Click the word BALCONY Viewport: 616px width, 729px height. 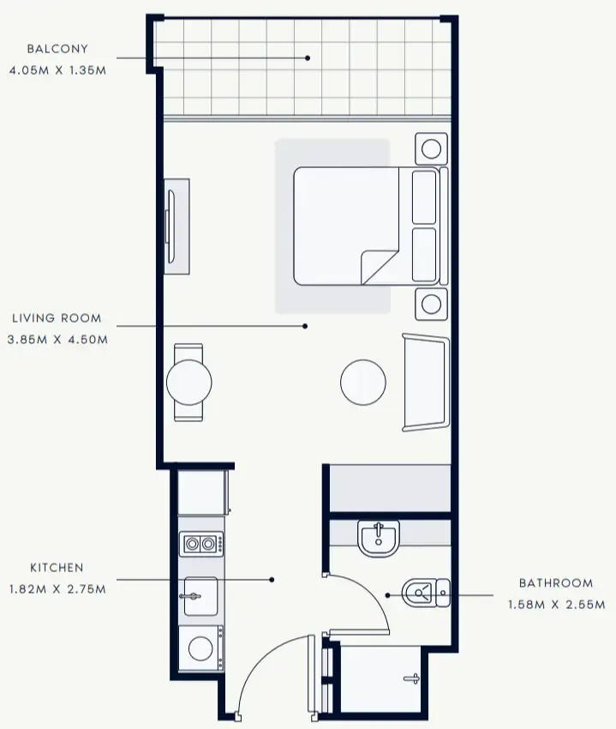pos(57,49)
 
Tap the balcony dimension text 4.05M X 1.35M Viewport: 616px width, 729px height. pos(57,70)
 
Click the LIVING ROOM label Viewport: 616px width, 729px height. pos(57,318)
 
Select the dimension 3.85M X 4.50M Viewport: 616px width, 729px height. pos(57,340)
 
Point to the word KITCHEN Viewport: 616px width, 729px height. pos(57,568)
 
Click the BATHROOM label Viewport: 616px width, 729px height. pos(556,583)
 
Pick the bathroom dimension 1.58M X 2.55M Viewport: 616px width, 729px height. pos(557,605)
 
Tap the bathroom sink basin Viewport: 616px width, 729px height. pos(378,539)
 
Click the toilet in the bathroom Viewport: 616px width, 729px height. pos(426,593)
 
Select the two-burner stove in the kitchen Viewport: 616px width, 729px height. pos(201,543)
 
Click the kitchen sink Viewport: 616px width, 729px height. pos(200,596)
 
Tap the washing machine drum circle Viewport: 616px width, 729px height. pos(200,648)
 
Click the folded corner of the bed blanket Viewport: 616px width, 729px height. pos(380,267)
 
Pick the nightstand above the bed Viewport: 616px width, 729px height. pos(431,148)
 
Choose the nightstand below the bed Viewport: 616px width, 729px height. pos(431,304)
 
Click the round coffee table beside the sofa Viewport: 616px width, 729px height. pos(362,383)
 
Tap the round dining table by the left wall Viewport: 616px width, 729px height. pos(189,383)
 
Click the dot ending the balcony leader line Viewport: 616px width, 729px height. pos(308,58)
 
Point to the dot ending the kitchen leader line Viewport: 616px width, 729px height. pos(272,580)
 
